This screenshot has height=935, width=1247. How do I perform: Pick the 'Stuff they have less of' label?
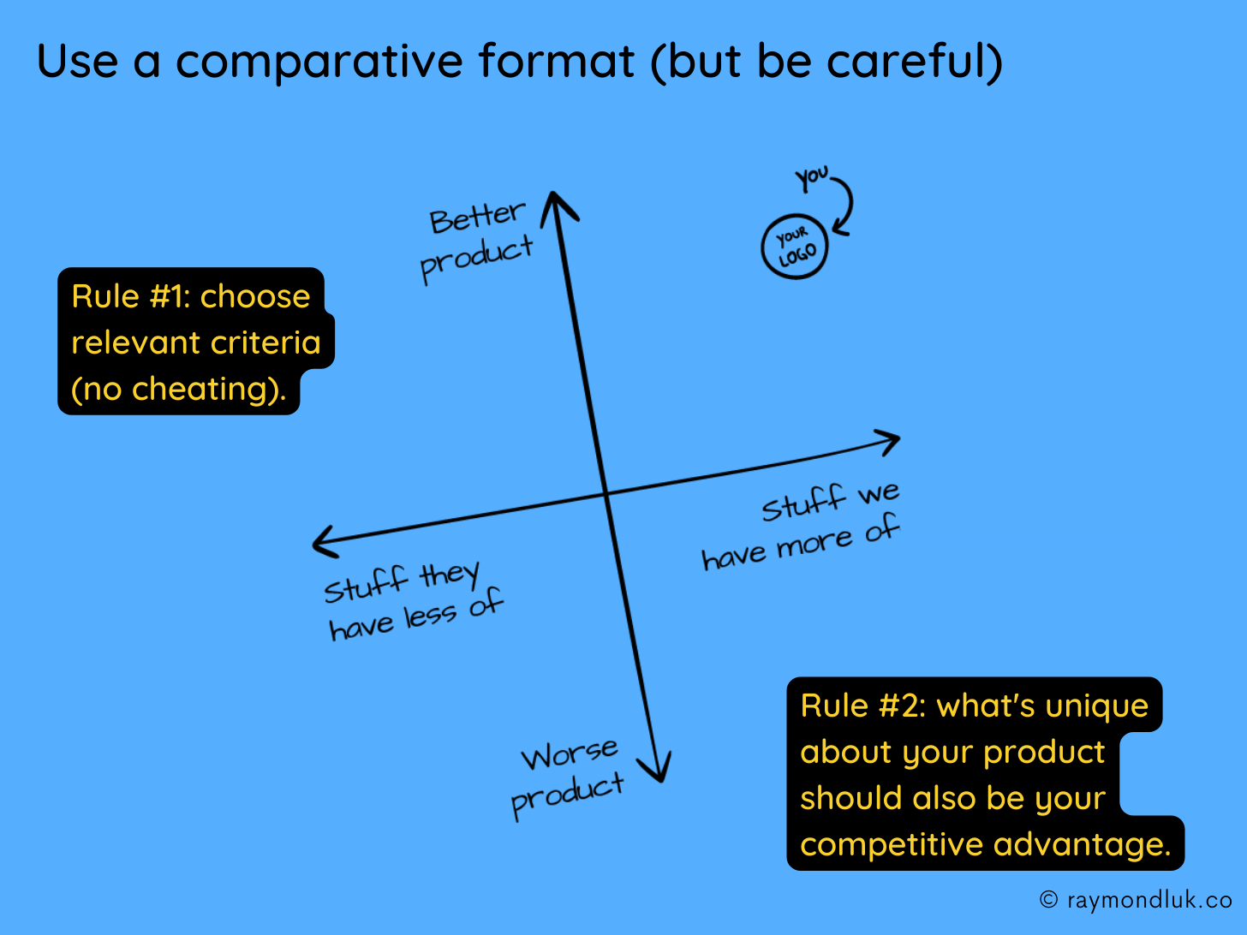(x=413, y=601)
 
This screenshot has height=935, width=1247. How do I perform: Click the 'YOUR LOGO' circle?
(x=795, y=247)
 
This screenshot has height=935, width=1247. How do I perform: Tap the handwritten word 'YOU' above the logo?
(x=811, y=178)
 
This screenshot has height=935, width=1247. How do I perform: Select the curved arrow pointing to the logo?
(x=846, y=205)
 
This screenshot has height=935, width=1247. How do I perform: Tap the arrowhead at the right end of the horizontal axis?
(x=889, y=441)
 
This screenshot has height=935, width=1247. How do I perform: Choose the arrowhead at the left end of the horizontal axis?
(x=324, y=543)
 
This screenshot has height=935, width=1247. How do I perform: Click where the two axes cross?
(x=606, y=493)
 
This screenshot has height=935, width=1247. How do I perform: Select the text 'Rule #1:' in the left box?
(x=130, y=296)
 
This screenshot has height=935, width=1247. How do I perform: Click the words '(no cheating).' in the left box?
(x=178, y=389)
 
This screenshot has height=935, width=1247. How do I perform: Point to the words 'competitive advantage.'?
(x=985, y=844)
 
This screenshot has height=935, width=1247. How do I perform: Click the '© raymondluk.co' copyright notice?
(x=1136, y=900)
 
